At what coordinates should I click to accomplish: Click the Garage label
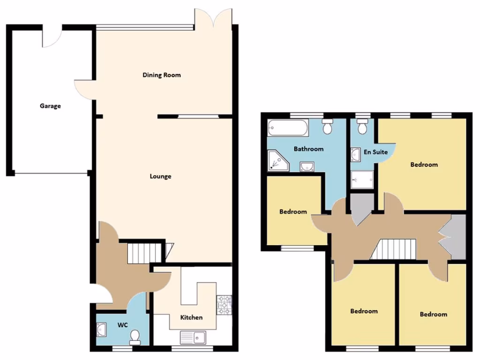click(x=50, y=106)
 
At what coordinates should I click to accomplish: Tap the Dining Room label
click(x=162, y=75)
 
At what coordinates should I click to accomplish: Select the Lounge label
click(x=160, y=176)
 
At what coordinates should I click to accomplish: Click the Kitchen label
click(x=192, y=317)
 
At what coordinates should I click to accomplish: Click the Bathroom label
click(x=308, y=149)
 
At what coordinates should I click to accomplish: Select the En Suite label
click(x=376, y=152)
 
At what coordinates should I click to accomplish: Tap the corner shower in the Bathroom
click(x=277, y=160)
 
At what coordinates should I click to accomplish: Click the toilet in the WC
click(x=135, y=337)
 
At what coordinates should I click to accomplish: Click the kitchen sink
click(x=193, y=337)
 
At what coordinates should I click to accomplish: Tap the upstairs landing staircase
click(x=394, y=249)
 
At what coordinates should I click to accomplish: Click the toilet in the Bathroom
click(x=328, y=126)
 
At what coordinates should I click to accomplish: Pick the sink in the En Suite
click(x=354, y=154)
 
